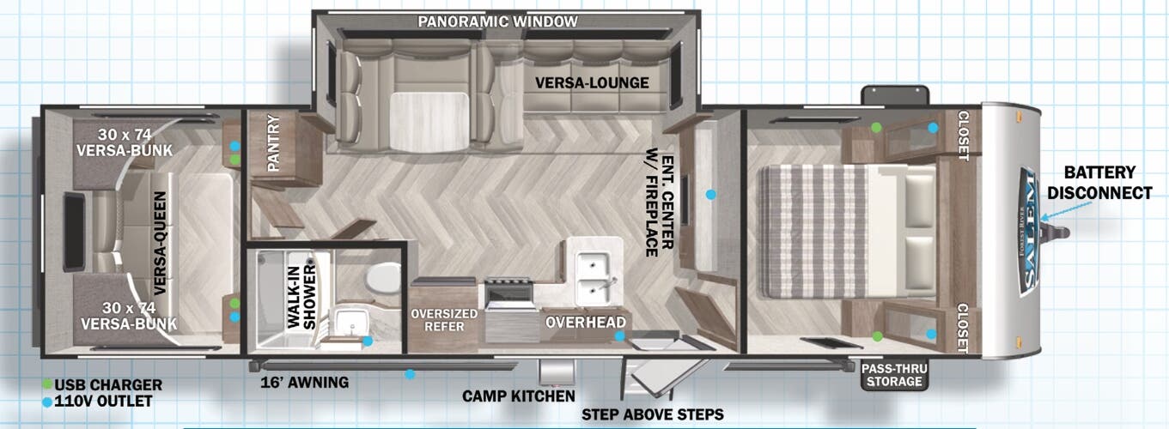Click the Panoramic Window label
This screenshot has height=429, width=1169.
[497, 21]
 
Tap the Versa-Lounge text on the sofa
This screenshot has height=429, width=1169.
[592, 83]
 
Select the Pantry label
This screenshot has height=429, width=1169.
[273, 142]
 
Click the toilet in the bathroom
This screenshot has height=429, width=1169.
[382, 277]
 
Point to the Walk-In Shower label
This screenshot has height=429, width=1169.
[302, 297]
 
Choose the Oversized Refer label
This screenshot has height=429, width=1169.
[444, 320]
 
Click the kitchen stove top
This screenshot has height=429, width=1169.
[508, 294]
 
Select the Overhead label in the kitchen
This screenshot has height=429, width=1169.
[585, 322]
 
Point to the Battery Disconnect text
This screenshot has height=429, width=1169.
[1099, 183]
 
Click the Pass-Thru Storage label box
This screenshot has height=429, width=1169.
[894, 375]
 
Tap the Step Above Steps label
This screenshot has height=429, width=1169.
[652, 414]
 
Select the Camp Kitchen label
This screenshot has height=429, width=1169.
[518, 396]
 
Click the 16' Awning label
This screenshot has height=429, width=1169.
[304, 383]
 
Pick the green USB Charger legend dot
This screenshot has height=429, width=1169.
[47, 384]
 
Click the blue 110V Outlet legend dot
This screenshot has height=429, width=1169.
[47, 402]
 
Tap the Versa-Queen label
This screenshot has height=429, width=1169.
[161, 243]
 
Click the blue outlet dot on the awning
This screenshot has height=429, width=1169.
[411, 374]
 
